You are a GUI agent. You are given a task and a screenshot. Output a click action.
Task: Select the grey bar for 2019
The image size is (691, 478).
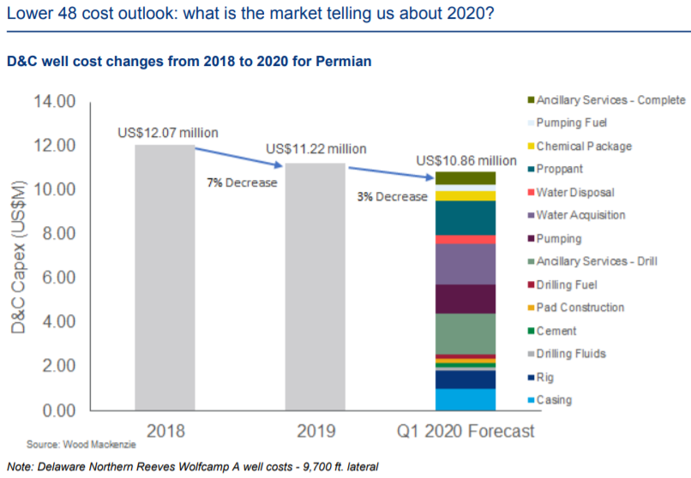315,286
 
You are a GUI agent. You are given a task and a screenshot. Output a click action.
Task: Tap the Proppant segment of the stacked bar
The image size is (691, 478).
466,218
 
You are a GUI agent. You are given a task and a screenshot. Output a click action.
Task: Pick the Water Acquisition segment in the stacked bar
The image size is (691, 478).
466,264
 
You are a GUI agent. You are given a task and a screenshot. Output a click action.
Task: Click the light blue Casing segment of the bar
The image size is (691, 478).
466,399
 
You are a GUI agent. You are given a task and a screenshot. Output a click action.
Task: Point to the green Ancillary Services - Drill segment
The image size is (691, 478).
466,333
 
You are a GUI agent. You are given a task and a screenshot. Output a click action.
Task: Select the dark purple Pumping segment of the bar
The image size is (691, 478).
466,298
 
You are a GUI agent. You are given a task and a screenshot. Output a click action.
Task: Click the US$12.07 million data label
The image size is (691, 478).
167,133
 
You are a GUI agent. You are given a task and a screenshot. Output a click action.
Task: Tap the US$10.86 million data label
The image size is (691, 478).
466,160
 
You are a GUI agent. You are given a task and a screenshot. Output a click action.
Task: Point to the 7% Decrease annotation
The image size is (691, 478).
242,183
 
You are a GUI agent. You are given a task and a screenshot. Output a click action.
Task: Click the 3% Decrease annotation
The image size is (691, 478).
392,196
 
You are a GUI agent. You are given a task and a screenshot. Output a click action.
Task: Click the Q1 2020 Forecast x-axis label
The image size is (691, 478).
466,431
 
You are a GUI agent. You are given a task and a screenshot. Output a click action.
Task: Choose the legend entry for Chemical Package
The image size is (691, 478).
583,146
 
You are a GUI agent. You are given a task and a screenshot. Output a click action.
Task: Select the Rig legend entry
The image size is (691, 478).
544,377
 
